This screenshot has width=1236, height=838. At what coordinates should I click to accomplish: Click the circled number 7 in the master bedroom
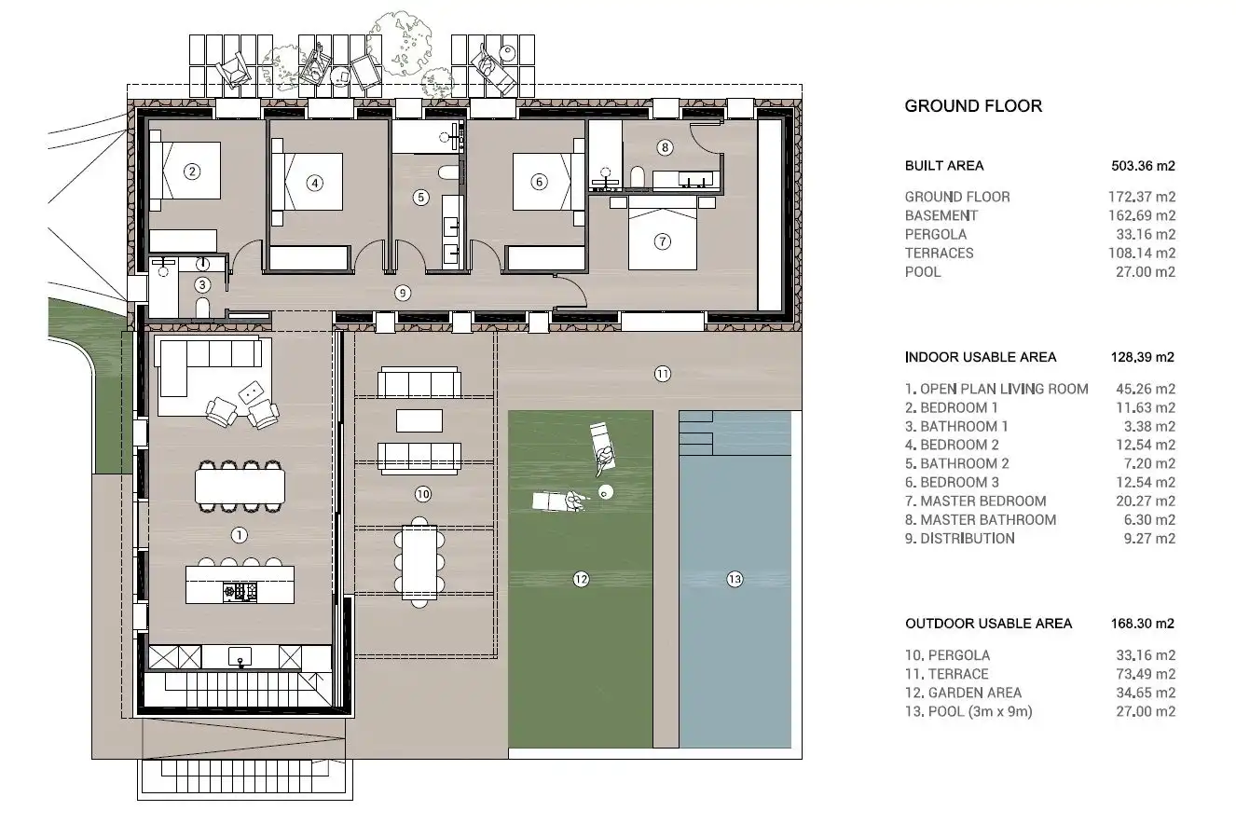point(662,241)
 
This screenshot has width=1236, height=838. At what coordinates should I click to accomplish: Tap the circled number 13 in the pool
point(735,579)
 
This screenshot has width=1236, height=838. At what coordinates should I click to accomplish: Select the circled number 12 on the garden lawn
point(581,579)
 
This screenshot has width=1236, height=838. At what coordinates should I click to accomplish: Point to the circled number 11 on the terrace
point(662,374)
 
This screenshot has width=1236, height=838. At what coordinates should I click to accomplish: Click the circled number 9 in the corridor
point(403,293)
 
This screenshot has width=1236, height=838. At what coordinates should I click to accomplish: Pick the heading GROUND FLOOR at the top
point(973,106)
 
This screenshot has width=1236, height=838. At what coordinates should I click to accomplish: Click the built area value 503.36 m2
point(1143,166)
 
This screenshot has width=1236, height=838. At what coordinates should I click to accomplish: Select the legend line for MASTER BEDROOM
point(1040,501)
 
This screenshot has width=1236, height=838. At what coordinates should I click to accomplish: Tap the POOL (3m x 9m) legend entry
point(1040,711)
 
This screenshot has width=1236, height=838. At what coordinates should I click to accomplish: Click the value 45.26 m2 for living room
point(1146,389)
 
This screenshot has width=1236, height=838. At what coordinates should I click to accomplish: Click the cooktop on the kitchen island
point(240,592)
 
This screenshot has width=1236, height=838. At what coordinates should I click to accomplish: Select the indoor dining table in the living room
point(240,486)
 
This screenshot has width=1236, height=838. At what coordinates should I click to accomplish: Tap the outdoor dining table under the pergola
point(419,562)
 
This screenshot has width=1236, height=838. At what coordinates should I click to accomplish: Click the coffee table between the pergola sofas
point(419,421)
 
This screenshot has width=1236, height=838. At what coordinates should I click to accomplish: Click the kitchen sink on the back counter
point(240,657)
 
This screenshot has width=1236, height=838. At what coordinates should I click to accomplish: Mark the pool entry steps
point(695,433)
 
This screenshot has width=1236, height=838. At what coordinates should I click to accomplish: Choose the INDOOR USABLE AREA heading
point(980,357)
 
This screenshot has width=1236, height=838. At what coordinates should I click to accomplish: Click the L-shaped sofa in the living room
point(207,364)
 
